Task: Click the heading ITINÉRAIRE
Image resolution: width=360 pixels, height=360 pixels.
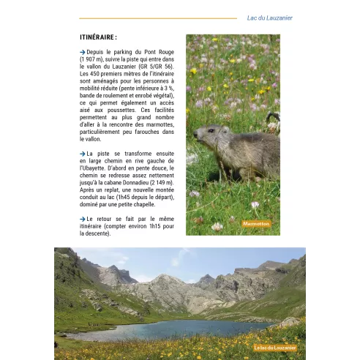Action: pyautogui.click(x=99, y=37)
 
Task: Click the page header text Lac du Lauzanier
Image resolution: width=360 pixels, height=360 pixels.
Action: pyautogui.click(x=269, y=18)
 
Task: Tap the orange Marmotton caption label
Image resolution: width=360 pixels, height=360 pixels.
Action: pyautogui.click(x=255, y=223)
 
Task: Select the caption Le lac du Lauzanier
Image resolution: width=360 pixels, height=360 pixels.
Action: pyautogui.click(x=275, y=348)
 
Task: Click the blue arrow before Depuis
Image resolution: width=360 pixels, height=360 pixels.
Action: pyautogui.click(x=83, y=53)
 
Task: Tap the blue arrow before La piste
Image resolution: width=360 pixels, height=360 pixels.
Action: pyautogui.click(x=83, y=153)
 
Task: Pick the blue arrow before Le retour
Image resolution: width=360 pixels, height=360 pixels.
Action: pyautogui.click(x=83, y=219)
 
